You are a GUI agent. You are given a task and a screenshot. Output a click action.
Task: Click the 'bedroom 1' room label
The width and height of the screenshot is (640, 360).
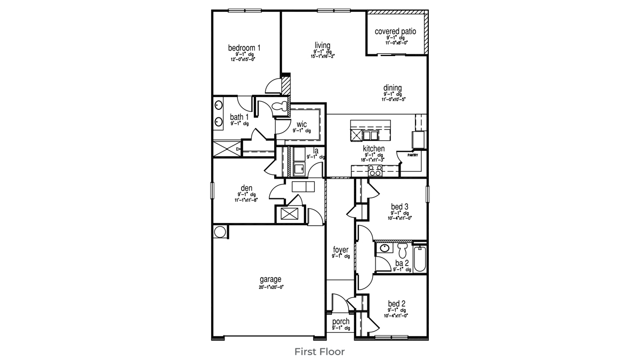pos(244,48)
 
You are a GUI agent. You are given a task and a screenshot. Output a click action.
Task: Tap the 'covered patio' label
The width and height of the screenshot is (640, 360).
pos(395,31)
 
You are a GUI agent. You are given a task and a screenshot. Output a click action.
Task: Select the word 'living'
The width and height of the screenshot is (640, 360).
pos(322,45)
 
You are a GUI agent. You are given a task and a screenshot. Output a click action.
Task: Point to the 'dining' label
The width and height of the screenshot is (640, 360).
pos(392,88)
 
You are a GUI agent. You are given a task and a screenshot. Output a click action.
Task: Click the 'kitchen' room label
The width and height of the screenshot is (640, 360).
pos(373,148)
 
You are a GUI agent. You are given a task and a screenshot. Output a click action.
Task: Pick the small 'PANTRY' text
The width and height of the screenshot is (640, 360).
pos(413,155)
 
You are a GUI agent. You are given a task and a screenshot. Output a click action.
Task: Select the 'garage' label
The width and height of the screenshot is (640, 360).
pos(270,279)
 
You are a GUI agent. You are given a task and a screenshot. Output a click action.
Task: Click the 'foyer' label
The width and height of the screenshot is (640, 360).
pos(341,250)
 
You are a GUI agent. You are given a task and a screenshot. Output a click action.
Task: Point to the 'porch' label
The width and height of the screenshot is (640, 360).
pos(341,321)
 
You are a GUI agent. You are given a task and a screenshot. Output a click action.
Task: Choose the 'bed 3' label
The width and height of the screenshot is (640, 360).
pos(399,206)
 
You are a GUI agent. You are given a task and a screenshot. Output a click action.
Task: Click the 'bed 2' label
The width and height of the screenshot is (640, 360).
pos(399,303)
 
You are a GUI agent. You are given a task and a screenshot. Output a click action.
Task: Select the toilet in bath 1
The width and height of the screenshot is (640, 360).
pos(278,107)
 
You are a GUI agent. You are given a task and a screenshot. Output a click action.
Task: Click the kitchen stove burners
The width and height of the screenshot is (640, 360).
pos(375,171)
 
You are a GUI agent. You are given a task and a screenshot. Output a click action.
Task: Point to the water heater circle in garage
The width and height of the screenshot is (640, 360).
pos(220,231)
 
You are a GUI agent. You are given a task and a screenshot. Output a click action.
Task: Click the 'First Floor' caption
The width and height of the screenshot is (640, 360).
pos(320,351)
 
